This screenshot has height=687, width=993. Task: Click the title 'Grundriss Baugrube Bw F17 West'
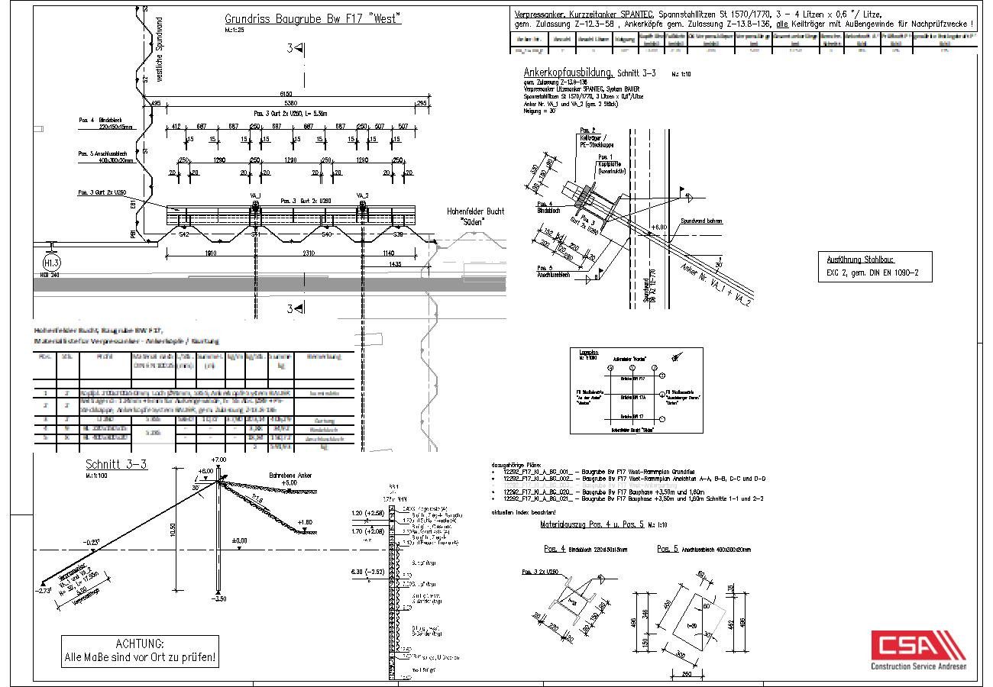coord(312,19)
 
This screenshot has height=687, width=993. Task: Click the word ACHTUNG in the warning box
coord(140,643)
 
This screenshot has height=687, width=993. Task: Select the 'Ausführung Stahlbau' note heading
coord(860,260)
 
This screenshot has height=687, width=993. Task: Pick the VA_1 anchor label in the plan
coord(254,195)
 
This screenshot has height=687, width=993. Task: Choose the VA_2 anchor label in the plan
coord(362,195)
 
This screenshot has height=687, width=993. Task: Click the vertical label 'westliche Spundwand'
coord(160,50)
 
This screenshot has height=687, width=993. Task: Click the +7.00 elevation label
coord(219,460)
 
